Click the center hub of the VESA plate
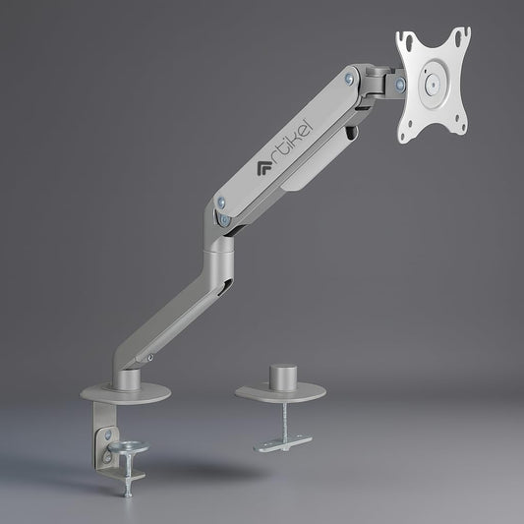(432, 86)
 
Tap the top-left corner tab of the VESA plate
(404, 38)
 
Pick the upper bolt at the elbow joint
(221, 204)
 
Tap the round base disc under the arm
(125, 392)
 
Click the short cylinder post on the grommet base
(281, 378)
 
